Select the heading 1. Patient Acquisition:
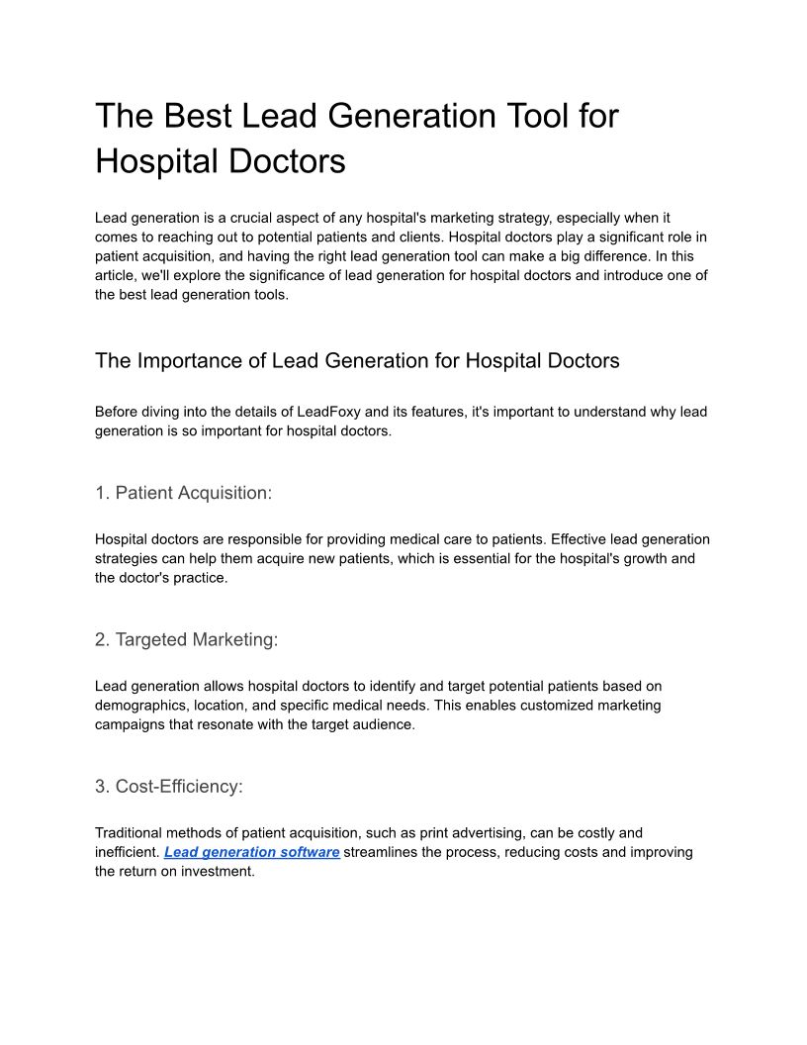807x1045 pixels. pyautogui.click(x=183, y=493)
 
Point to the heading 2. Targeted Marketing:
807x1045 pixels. pyautogui.click(x=186, y=639)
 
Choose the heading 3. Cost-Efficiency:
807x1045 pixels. pyautogui.click(x=168, y=787)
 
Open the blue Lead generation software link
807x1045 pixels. pyautogui.click(x=252, y=852)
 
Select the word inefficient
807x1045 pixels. pyautogui.click(x=127, y=852)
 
